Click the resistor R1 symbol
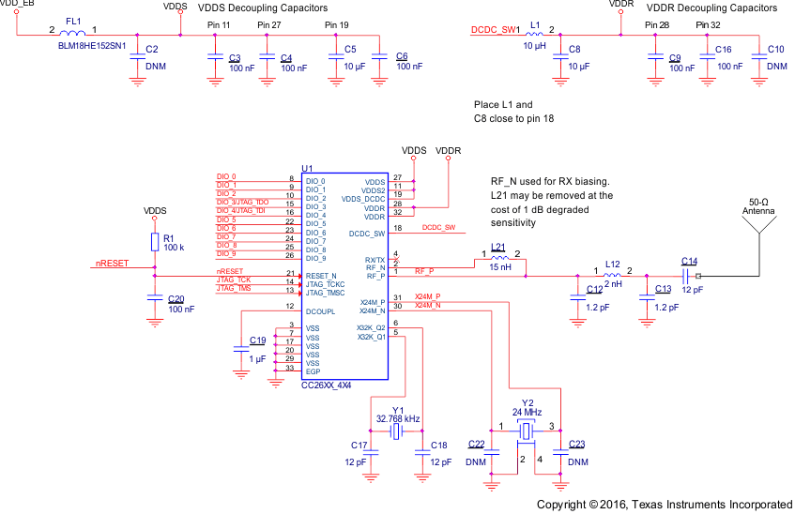[155, 243]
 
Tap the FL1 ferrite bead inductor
[73, 35]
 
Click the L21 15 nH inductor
[498, 258]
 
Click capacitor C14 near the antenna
[688, 276]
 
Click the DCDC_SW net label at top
[493, 30]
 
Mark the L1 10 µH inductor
[536, 35]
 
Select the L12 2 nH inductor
[612, 276]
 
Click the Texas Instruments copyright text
[664, 504]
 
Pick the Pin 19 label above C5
[335, 24]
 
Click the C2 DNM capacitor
[137, 55]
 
